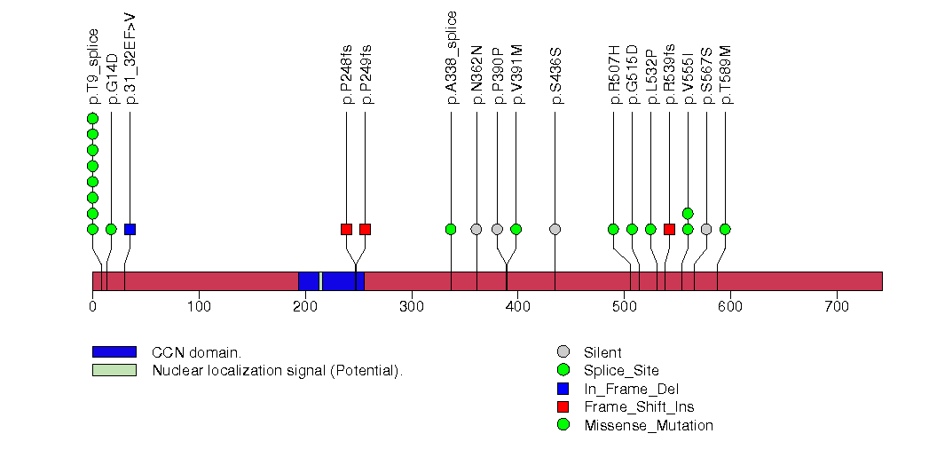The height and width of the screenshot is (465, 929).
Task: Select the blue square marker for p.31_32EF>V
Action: [x=130, y=229]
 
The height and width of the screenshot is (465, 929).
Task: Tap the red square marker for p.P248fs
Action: [x=346, y=229]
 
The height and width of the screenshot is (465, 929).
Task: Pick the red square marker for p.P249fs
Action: [x=365, y=229]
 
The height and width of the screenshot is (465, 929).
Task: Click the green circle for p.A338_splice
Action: [x=451, y=229]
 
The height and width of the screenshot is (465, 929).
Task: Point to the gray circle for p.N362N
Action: [x=476, y=229]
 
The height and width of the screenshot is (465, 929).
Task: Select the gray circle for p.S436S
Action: [x=555, y=229]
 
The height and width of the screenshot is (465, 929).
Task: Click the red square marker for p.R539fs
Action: [x=669, y=229]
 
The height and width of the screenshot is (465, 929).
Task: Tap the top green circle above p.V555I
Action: [x=688, y=213]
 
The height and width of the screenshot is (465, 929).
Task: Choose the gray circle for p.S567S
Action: [x=706, y=229]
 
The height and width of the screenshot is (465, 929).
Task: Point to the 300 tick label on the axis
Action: [x=411, y=306]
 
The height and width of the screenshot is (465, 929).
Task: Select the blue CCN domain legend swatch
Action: [x=114, y=352]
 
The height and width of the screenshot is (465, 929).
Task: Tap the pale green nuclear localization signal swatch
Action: [x=114, y=370]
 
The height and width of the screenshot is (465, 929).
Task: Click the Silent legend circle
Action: [x=563, y=352]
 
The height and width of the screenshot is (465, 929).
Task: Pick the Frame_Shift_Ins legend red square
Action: [x=563, y=406]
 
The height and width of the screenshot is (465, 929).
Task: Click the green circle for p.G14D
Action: [x=111, y=229]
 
